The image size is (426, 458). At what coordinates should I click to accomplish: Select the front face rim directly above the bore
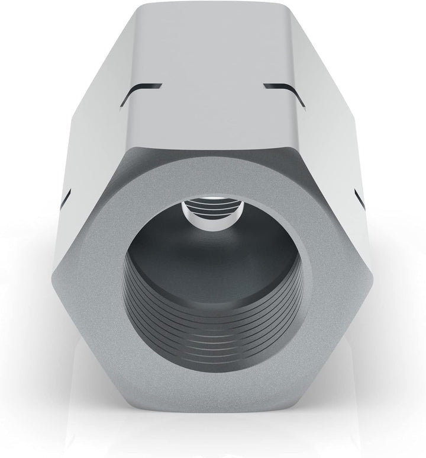click(213, 172)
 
